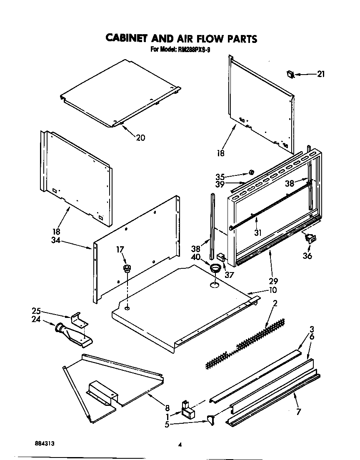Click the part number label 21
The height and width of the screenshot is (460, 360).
click(x=320, y=75)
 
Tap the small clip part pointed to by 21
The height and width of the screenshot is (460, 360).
click(x=290, y=74)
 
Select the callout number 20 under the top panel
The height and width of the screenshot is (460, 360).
click(x=140, y=138)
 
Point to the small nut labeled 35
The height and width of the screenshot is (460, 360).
click(x=251, y=172)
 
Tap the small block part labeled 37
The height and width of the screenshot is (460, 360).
click(x=221, y=258)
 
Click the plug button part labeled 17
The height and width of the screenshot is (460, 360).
click(x=125, y=267)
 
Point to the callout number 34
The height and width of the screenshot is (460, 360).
click(x=56, y=240)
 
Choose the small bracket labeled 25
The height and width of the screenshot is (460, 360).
click(x=80, y=319)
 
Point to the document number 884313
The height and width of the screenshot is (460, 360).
click(x=45, y=444)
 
